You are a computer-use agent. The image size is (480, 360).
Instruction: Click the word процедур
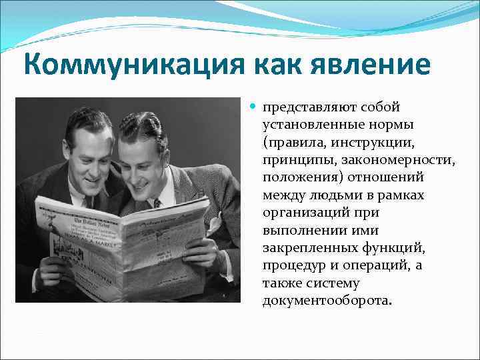292,265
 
